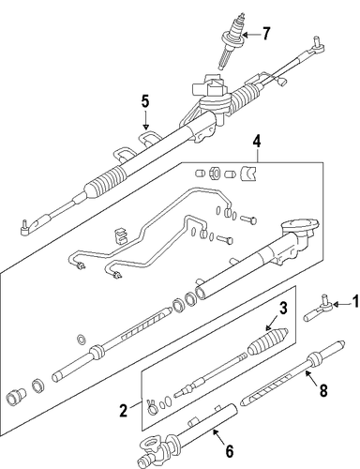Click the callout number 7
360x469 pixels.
coord(265,34)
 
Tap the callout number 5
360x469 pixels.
coord(145,101)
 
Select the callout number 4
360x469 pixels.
coord(256,142)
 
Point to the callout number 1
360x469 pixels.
coord(355,303)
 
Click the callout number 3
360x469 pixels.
coord(283,309)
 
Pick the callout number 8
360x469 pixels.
coord(323,390)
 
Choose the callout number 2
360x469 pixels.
coord(124,411)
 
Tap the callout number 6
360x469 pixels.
coord(230,452)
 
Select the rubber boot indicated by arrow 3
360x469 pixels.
coord(268,342)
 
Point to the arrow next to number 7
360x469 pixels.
coord(251,35)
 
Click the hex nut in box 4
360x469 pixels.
coord(213,173)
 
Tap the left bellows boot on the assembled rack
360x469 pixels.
coord(105,181)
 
